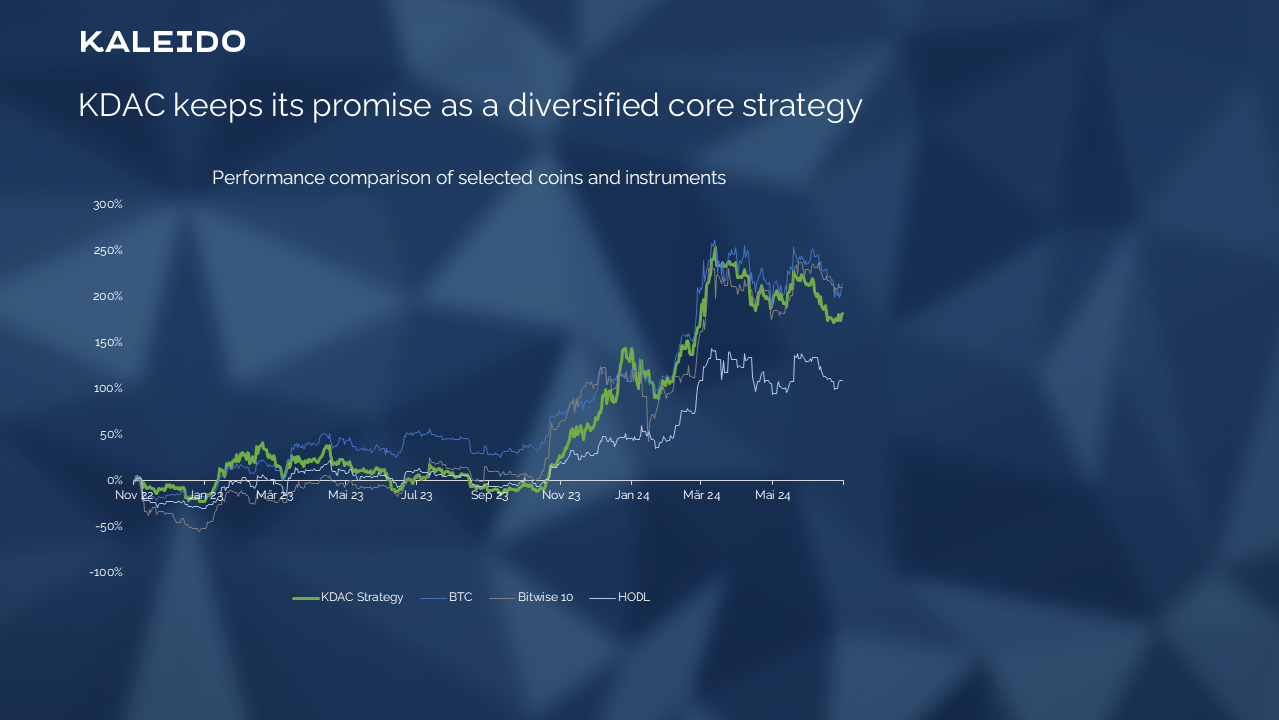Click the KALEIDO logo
[x=163, y=42]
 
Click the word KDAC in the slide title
[x=122, y=105]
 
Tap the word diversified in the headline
[x=583, y=105]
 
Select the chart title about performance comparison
[x=469, y=178]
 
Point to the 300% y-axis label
[x=108, y=205]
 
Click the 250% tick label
[x=108, y=250]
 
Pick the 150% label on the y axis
[x=108, y=342]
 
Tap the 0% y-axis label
[x=115, y=480]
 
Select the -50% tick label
[x=109, y=526]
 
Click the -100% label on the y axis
[x=106, y=572]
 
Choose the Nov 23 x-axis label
[x=561, y=495]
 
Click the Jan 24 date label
[x=632, y=495]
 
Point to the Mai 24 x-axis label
[x=772, y=495]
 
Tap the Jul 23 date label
[x=416, y=495]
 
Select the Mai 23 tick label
[x=345, y=495]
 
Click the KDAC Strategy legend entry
[x=347, y=597]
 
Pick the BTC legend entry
[x=446, y=597]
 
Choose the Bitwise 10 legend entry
[x=531, y=597]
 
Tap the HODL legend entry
[x=620, y=597]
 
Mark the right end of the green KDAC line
[x=842, y=315]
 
